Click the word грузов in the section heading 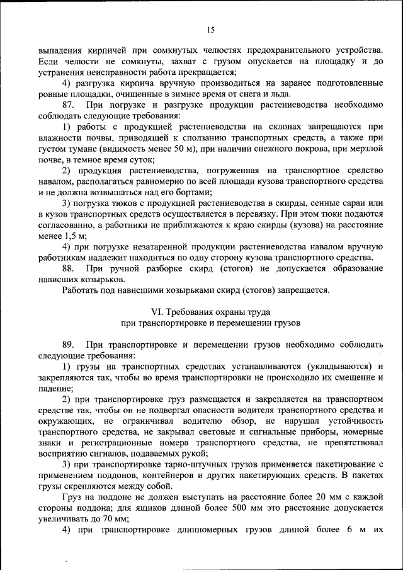click(x=287, y=321)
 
